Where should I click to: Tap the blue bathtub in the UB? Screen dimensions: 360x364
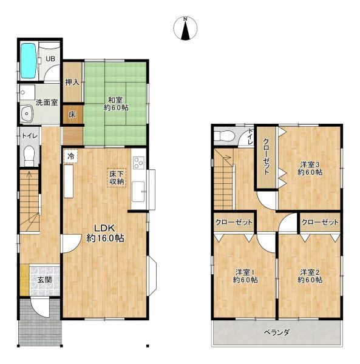coord(29,61)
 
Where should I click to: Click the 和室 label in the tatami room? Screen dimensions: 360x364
coord(115,100)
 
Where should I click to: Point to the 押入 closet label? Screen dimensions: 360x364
coord(72,82)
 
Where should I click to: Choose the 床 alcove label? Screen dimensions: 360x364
coord(72,115)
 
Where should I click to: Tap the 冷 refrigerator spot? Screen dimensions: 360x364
coord(71,156)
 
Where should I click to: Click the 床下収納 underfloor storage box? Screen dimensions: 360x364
coord(117,178)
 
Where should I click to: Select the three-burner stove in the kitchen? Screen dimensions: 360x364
coord(138,163)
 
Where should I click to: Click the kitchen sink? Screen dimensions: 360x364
coord(138,191)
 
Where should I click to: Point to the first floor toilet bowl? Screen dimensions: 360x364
coord(29,155)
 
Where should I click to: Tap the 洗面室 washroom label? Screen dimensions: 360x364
coord(47,103)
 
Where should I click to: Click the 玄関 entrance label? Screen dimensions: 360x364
coord(44,280)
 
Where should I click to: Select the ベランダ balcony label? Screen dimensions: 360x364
coord(277,332)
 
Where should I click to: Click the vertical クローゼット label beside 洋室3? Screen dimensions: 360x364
coord(267,157)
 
